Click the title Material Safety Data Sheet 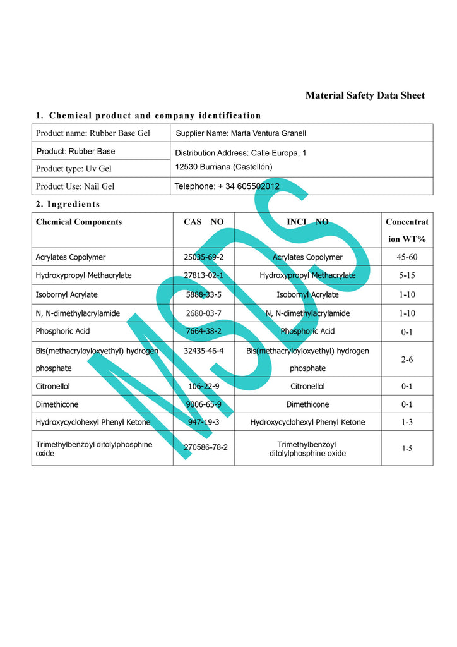point(365,95)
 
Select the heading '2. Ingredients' point(68,204)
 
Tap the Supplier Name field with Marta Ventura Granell point(240,133)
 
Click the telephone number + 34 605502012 point(227,186)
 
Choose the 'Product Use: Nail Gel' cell point(74,186)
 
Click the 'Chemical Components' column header point(79,222)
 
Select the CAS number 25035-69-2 point(204,257)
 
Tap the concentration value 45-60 point(407,257)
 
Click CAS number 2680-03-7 point(204,313)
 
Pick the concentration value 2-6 point(407,359)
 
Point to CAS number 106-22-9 point(204,386)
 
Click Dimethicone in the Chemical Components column point(57,404)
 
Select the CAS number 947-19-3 point(204,422)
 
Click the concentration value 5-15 point(407,275)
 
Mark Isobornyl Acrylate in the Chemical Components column point(67,294)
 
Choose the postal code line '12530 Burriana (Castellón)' point(223,167)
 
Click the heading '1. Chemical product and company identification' point(148,116)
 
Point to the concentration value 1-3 point(407,422)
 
